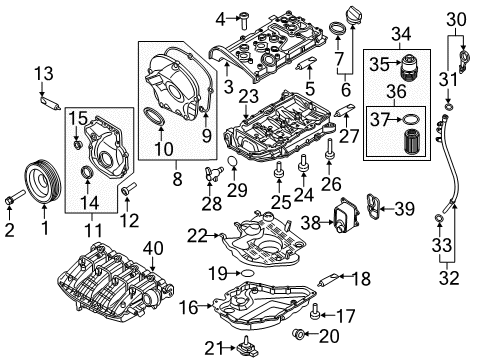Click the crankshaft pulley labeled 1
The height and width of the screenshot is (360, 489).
[x=43, y=182]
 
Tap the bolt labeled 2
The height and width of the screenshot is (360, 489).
[x=15, y=197]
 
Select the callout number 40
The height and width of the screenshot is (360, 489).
[x=153, y=248]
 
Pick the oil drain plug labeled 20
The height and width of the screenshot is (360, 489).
[x=297, y=333]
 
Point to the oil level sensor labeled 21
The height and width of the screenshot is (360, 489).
[x=247, y=347]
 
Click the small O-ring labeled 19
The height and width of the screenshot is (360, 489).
[x=247, y=274]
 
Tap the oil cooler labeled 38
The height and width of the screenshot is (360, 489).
[x=347, y=215]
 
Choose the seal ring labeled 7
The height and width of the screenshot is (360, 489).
[x=337, y=28]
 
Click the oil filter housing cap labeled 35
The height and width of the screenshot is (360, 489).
[x=409, y=68]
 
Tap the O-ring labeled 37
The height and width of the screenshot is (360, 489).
[x=410, y=119]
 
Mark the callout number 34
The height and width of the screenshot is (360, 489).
[x=401, y=34]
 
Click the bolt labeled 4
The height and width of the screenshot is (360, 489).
[x=244, y=20]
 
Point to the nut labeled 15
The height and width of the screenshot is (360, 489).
[x=77, y=145]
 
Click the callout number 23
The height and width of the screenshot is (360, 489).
[x=249, y=96]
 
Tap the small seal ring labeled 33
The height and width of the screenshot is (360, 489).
[x=440, y=219]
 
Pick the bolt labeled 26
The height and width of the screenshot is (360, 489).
[x=329, y=149]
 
